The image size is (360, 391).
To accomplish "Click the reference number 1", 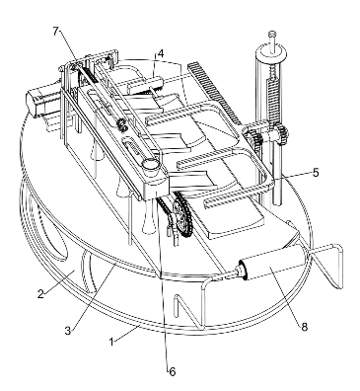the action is click(x=112, y=342).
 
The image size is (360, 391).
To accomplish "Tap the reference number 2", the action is click(x=40, y=294).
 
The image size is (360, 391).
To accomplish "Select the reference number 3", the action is click(x=68, y=331).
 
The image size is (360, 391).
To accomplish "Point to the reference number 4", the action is click(x=160, y=53).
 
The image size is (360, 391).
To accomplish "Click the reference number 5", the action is click(x=316, y=173).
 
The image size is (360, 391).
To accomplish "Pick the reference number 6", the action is click(x=173, y=372).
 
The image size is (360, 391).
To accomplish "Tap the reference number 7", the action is click(x=55, y=31).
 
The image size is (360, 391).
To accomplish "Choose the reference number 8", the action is click(x=304, y=327).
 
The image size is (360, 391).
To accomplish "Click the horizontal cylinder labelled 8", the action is click(x=273, y=264).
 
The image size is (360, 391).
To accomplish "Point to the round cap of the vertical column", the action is click(x=272, y=53).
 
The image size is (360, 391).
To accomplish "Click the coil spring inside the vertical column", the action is click(x=274, y=100).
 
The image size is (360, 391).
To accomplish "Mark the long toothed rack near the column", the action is click(x=213, y=93).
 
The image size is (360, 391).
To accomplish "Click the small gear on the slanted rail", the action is click(x=121, y=125).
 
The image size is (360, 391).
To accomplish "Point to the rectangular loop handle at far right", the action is click(x=328, y=264).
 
